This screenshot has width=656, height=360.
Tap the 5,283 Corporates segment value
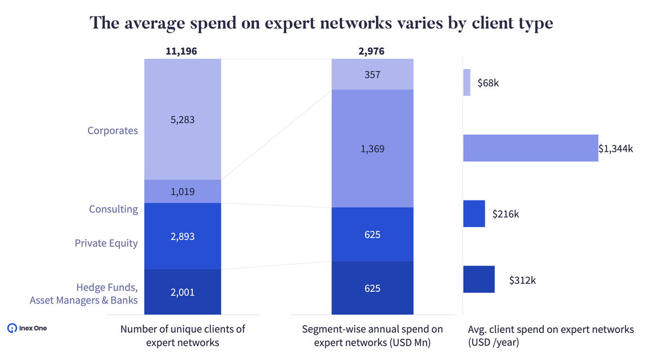tap(182, 119)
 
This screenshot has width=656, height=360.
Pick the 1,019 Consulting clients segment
tap(182, 192)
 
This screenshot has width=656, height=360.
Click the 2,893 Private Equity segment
tap(182, 236)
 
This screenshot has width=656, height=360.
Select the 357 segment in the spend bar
tap(372, 74)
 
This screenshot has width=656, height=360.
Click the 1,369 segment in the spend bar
tap(372, 149)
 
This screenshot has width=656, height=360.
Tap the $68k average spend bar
tap(467, 83)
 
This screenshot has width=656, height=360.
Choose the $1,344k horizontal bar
tap(530, 148)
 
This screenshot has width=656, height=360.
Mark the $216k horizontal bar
tap(474, 214)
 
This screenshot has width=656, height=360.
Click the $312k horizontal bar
tap(479, 279)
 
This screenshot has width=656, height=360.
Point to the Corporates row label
tap(113, 131)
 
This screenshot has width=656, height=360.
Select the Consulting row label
tap(113, 209)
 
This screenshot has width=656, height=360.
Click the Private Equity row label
tap(107, 243)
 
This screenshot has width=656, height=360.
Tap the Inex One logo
tap(27, 328)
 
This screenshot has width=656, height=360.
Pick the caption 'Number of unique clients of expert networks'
tap(183, 335)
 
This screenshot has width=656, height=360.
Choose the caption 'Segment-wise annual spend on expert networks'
tap(373, 335)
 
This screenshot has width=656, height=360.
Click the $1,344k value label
tap(616, 149)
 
